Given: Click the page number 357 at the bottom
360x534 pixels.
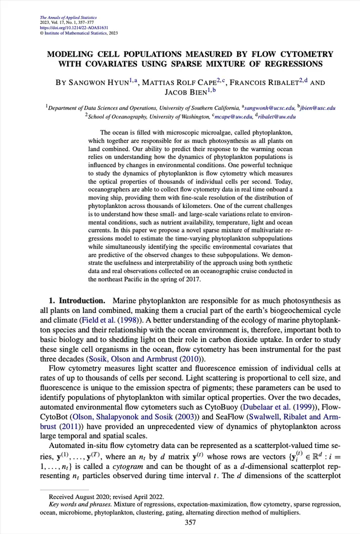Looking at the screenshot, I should [x=190, y=522].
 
